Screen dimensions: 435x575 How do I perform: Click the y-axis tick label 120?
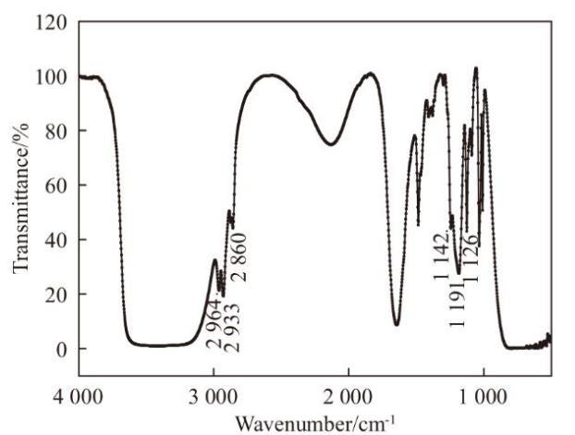[x=52, y=21]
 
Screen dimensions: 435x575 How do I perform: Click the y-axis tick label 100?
[x=52, y=77]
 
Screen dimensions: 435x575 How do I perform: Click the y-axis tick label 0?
[x=60, y=349]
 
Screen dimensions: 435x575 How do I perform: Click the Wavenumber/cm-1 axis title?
[x=315, y=423]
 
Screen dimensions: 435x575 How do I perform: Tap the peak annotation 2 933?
[x=232, y=327]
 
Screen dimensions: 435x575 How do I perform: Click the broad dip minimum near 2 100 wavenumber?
[x=330, y=144]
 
